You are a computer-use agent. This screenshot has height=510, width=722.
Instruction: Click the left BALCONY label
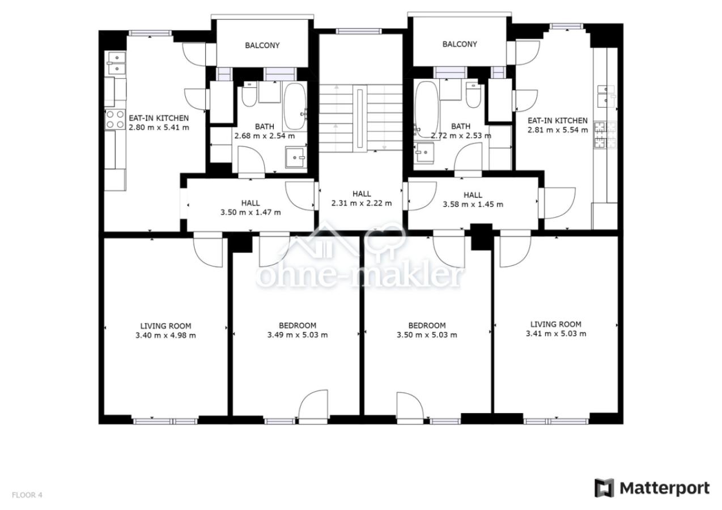click(262, 45)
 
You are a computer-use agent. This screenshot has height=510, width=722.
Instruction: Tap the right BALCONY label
click(459, 44)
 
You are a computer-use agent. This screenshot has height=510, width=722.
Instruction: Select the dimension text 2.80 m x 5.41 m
click(159, 127)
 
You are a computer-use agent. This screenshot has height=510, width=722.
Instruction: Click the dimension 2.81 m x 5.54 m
click(558, 130)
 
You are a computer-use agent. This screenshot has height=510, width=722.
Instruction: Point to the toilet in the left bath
click(249, 94)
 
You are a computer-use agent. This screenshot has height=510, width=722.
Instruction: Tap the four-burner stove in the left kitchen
click(115, 119)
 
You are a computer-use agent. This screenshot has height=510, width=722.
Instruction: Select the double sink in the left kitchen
click(117, 63)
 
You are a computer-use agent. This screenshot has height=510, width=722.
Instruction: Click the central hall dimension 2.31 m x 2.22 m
click(362, 203)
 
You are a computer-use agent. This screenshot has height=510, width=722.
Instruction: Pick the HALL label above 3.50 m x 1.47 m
click(250, 203)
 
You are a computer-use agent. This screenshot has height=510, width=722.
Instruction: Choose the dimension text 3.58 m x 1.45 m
click(473, 205)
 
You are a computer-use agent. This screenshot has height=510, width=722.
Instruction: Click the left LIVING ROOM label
click(165, 326)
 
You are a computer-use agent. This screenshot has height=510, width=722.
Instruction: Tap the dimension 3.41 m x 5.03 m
click(556, 334)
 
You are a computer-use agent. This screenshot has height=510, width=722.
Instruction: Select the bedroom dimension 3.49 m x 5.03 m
click(298, 335)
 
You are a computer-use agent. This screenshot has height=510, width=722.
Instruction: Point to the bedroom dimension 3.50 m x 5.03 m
click(427, 335)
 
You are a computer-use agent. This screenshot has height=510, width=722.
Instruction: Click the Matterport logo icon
click(604, 488)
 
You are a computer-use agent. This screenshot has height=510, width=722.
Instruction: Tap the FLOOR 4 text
click(27, 495)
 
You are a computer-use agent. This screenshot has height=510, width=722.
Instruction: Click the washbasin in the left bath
click(295, 158)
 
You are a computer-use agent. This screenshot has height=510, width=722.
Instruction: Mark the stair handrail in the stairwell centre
click(360, 118)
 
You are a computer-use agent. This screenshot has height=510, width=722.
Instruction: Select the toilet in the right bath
click(473, 95)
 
